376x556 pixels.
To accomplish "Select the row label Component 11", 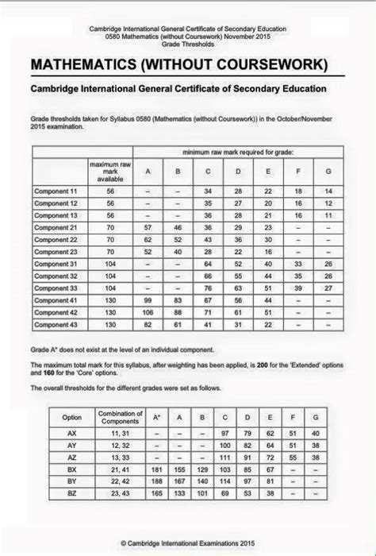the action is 55,191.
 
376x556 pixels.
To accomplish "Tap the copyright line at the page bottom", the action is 187,542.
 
